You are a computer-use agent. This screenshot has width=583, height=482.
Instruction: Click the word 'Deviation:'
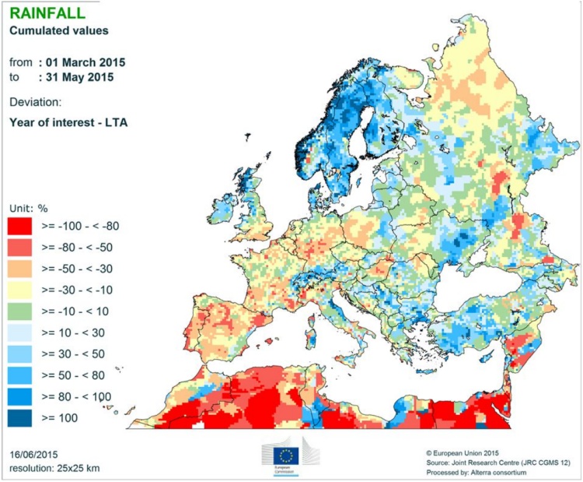click(x=36, y=102)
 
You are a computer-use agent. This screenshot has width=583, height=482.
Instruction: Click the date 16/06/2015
click(x=36, y=453)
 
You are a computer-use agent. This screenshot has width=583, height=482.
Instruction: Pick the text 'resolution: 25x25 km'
click(x=55, y=467)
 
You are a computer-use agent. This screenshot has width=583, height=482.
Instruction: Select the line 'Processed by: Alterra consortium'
click(x=482, y=472)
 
